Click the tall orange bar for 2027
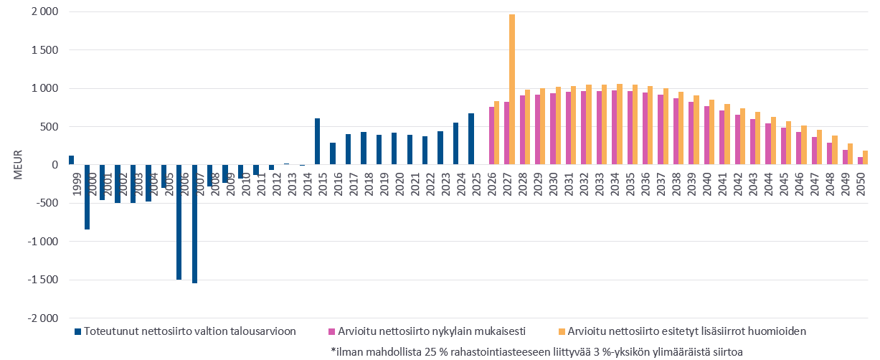[x=512, y=90]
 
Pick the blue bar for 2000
[x=87, y=197]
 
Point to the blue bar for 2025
[x=471, y=139]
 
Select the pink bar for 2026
[x=491, y=136]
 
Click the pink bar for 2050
[x=861, y=161]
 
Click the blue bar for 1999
[x=72, y=160]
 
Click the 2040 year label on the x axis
[x=709, y=181]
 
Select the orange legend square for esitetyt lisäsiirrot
[x=562, y=332]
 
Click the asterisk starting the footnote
[x=333, y=351]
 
